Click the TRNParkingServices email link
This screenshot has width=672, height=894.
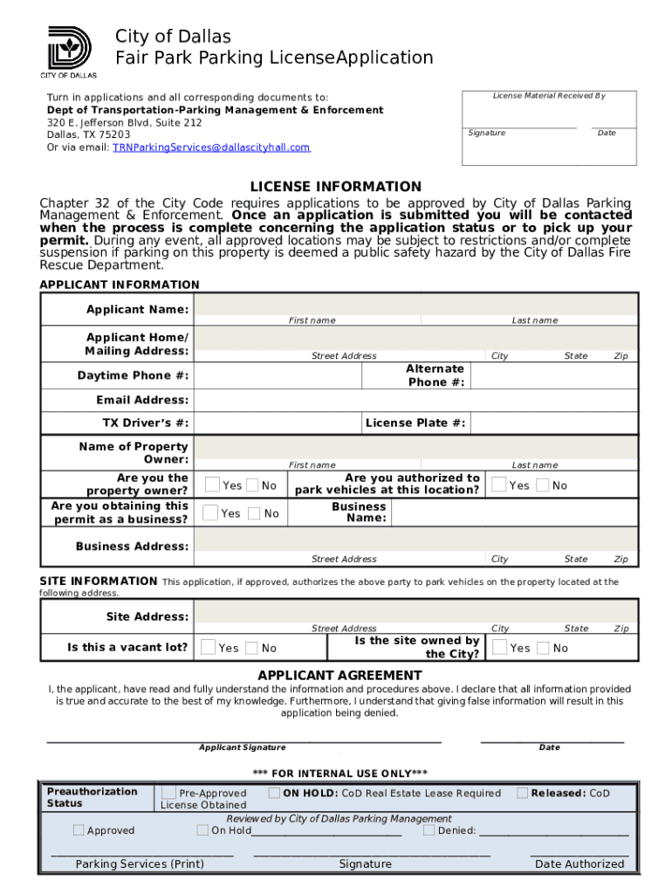pos(211,148)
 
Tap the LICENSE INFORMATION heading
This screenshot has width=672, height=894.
pos(335,187)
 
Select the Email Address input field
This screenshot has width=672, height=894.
pos(415,400)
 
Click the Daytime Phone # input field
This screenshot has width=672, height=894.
pos(278,375)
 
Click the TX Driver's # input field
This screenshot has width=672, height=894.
pos(278,423)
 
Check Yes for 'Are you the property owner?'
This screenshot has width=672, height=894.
pos(212,485)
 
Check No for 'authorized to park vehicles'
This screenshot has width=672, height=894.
pos(542,485)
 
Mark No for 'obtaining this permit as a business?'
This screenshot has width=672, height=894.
pos(254,513)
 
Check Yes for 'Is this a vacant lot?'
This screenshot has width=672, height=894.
pos(209,647)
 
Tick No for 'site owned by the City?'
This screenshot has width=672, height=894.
pos(543,647)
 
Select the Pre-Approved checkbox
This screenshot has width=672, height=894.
pos(168,793)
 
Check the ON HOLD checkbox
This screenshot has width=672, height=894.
pos(274,793)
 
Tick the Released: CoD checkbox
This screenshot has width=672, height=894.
pos(522,793)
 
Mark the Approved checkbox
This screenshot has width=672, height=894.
pos(79,830)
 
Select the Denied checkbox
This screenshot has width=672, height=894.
pos(429,830)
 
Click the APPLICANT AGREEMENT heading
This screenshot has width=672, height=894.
pos(339,675)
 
